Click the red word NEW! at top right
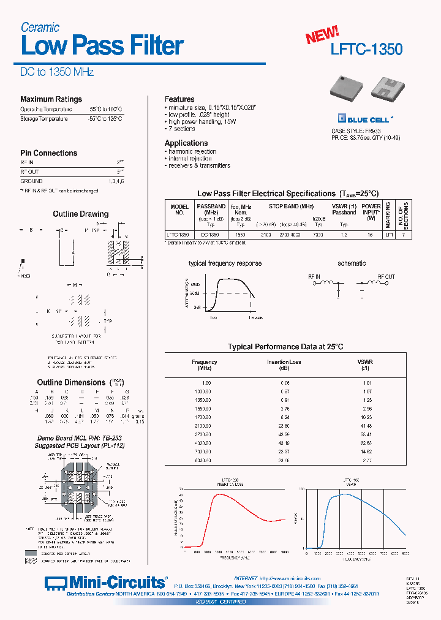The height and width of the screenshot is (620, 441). tap(322, 35)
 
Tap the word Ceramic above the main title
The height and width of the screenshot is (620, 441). tap(40, 27)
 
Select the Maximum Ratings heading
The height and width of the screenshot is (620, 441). tap(51, 99)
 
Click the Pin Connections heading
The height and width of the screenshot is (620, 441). tap(49, 153)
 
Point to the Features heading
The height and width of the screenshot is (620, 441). tap(179, 99)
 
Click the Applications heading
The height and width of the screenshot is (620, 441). tap(186, 143)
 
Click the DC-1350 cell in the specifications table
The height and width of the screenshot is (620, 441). tap(209, 235)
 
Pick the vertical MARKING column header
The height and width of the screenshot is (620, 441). tap(388, 214)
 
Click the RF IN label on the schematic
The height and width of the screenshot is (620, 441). tap(314, 277)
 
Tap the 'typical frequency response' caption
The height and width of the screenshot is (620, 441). tap(225, 263)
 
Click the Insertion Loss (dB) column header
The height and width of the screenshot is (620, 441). tap(284, 365)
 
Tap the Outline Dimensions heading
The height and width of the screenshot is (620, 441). tap(72, 382)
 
